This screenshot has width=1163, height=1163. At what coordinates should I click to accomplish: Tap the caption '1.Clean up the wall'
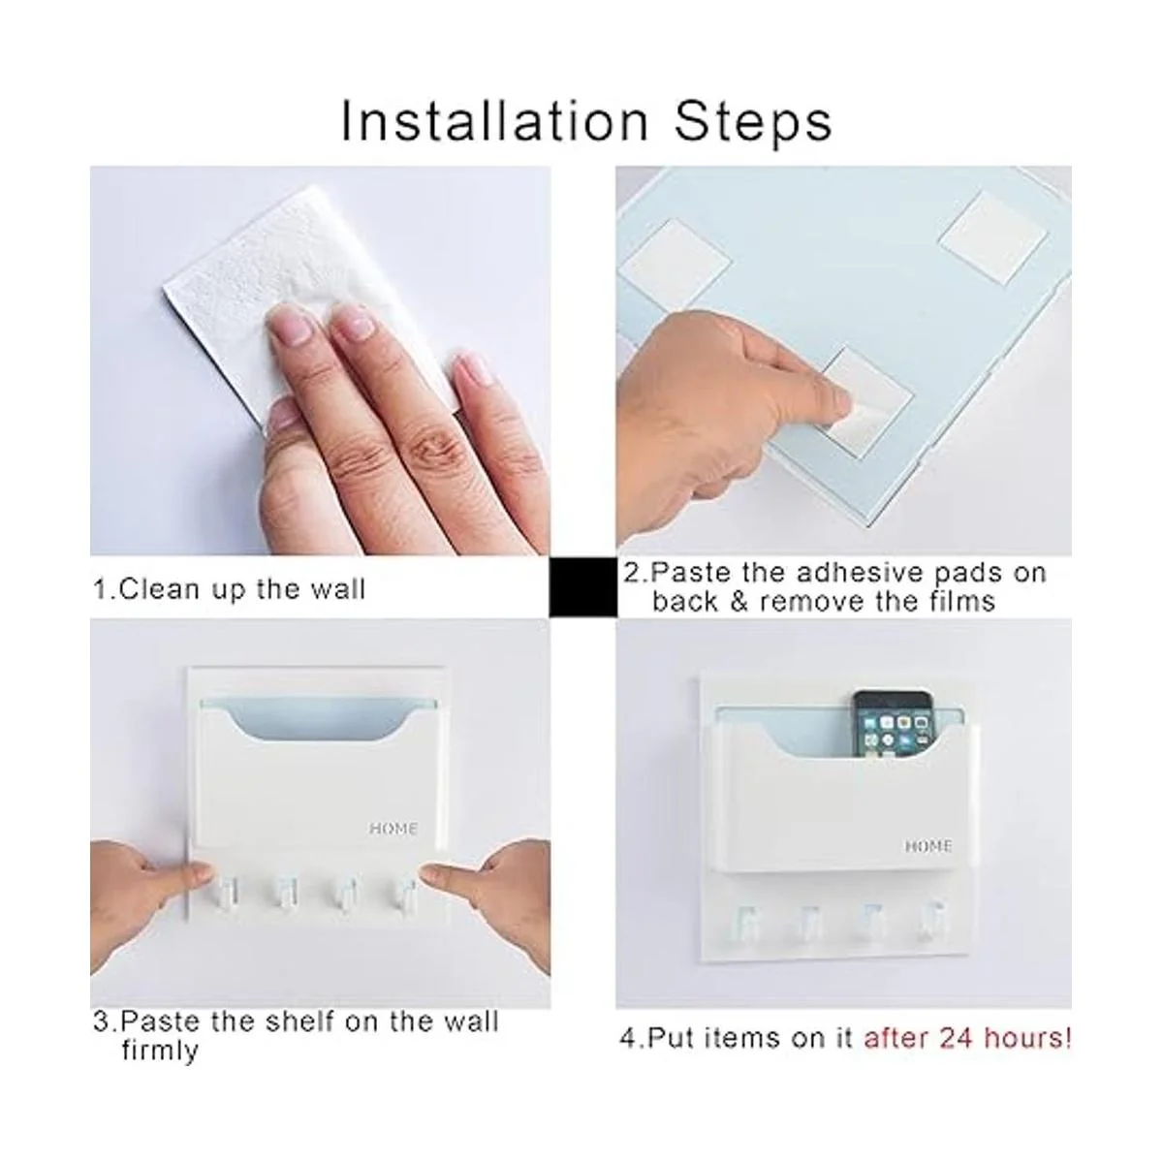point(230,589)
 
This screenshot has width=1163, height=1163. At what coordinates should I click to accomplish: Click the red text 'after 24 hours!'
point(967,1037)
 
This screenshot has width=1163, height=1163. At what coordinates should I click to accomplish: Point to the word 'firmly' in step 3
point(160,1051)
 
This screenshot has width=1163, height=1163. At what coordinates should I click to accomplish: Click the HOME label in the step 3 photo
point(393,829)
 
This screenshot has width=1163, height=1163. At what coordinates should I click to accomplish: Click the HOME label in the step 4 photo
point(928,846)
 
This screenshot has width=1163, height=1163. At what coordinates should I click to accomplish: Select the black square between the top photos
point(583,586)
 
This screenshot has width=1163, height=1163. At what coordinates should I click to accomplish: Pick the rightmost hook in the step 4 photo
point(931,923)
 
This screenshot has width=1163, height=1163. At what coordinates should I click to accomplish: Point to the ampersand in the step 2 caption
point(739,602)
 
